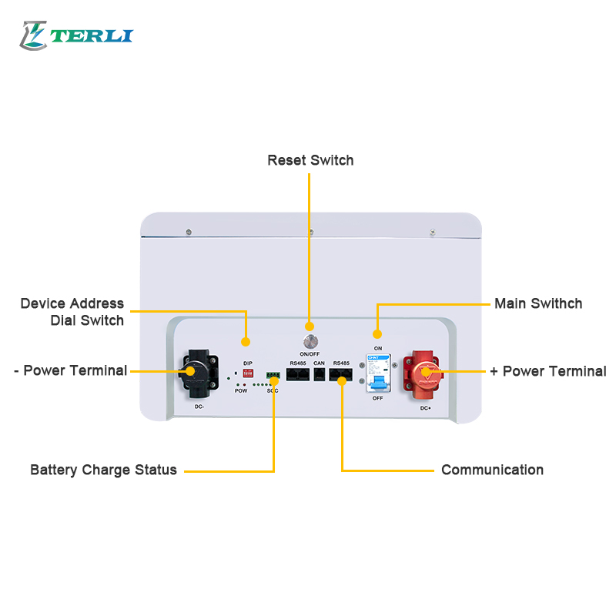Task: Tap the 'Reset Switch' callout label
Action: [x=310, y=160]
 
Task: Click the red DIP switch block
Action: [x=248, y=372]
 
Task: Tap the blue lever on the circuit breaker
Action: [x=377, y=382]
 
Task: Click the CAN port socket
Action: [x=320, y=375]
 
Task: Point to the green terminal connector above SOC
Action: [x=273, y=376]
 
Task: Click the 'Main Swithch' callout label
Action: [x=537, y=303]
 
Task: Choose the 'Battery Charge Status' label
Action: [x=103, y=470]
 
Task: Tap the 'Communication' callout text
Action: [x=492, y=470]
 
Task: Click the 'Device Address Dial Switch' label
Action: [x=72, y=312]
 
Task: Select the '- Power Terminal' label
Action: [x=70, y=370]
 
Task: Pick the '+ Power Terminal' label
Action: [x=547, y=371]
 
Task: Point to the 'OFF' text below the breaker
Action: [x=378, y=398]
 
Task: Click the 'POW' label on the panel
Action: [x=241, y=391]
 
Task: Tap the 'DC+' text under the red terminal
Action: [x=425, y=408]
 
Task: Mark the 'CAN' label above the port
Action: [x=320, y=363]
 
